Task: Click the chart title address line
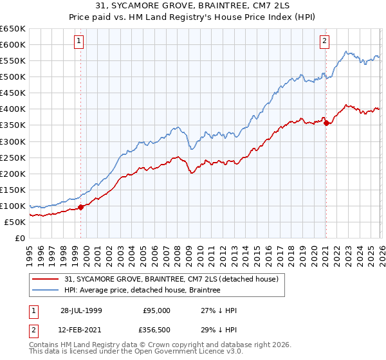click(193, 7)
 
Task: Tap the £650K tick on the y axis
click(13, 29)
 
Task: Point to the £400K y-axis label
click(13, 109)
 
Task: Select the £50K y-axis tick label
click(15, 222)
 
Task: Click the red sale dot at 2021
click(326, 123)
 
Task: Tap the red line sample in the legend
click(46, 279)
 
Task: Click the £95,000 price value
click(156, 310)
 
